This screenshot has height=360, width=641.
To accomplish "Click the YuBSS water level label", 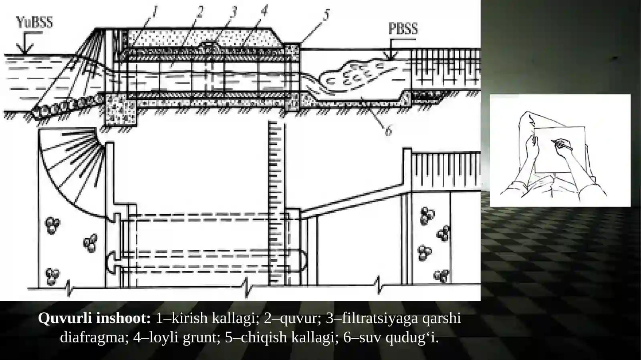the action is pos(34,22).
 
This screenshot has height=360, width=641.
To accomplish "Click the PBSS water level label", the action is pos(403,28).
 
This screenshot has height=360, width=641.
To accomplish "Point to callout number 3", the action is pos(234,12).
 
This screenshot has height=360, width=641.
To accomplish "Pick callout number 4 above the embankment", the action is pos(264,10).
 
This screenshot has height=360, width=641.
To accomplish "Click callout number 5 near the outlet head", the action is pos(326,15).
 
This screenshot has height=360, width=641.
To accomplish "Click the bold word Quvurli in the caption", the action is pos(65,318).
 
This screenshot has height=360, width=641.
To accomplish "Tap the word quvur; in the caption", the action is pos(300,318).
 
